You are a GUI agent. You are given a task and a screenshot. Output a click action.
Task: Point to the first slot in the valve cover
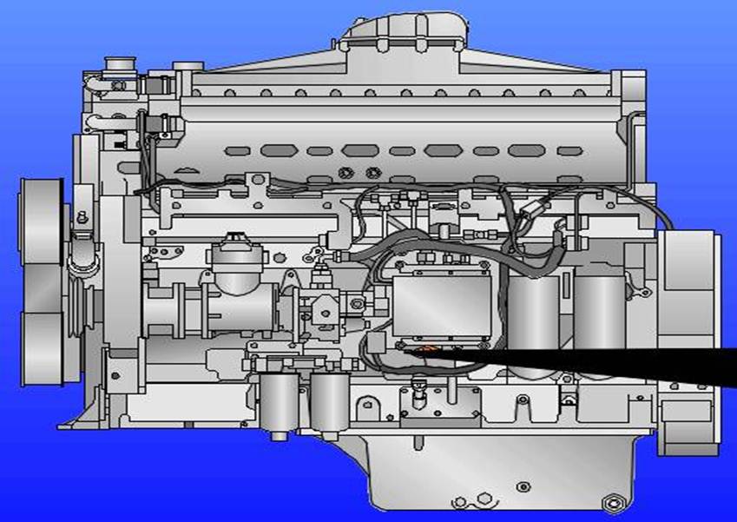pyautogui.click(x=235, y=151)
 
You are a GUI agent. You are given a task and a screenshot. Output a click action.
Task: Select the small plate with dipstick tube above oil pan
pyautogui.click(x=439, y=402)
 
